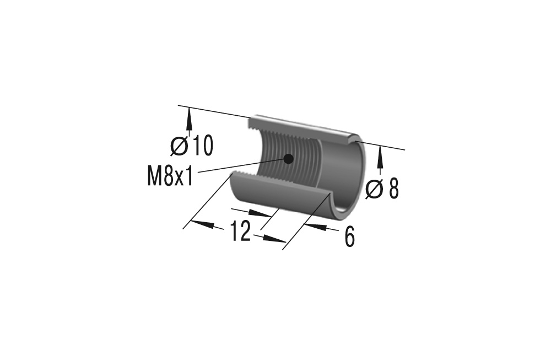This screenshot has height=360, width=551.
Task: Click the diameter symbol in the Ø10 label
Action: [x=180, y=147]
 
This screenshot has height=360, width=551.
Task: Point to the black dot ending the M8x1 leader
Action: [x=288, y=159]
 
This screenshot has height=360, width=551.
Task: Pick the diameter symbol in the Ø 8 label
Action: [x=375, y=189]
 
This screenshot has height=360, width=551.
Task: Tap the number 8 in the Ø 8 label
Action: [x=393, y=189]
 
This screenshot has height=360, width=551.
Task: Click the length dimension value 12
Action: [x=240, y=232]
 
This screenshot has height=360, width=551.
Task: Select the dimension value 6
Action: [x=349, y=237]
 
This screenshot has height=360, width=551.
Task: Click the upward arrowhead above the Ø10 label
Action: [x=190, y=117]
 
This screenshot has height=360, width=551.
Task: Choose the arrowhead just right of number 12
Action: [x=273, y=239]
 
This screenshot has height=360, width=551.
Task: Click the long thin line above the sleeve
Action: [x=215, y=111]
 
